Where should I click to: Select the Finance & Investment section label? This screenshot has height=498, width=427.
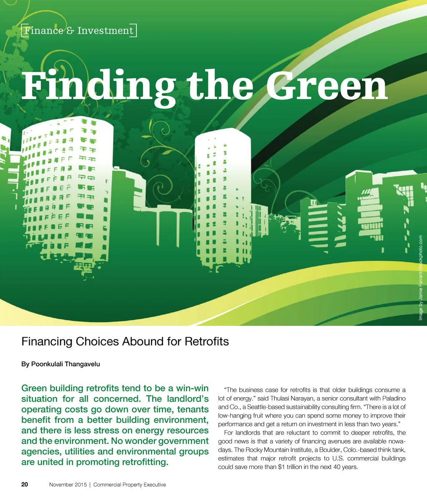point(79,31)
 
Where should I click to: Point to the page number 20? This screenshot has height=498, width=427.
point(25,484)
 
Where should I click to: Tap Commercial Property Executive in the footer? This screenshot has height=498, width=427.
point(130,485)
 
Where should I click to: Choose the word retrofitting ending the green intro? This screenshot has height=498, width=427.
point(142,462)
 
